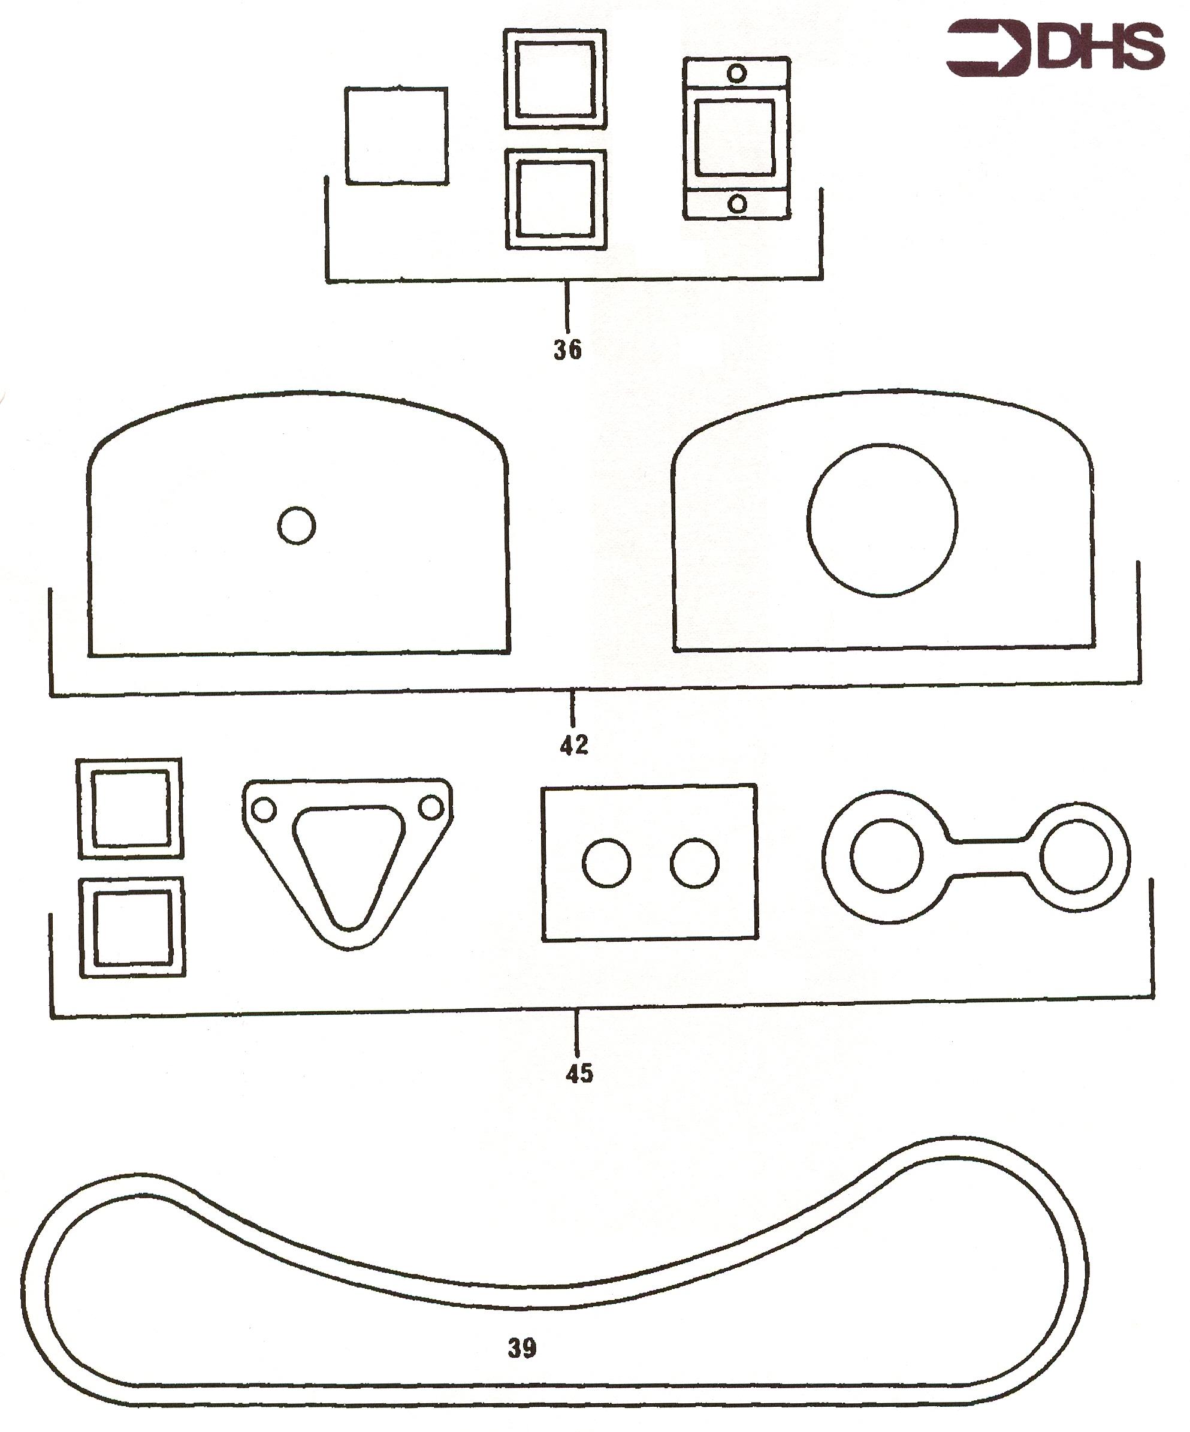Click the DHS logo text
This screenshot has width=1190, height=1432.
pos(1101,47)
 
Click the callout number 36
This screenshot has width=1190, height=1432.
pos(567,350)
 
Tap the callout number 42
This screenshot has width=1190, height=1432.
pos(574,745)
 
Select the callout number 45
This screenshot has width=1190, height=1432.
pos(579,1074)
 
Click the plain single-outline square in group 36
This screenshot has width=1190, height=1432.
pos(397,135)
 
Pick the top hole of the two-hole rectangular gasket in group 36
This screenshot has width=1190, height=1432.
pos(737,73)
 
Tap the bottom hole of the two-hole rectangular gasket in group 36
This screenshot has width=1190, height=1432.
pos(737,203)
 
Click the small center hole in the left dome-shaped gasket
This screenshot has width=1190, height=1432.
pos(297,525)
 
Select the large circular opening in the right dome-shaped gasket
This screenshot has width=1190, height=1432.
pos(882,520)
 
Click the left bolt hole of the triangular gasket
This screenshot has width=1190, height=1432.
pos(264,810)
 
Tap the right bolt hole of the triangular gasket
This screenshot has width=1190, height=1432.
pos(431,808)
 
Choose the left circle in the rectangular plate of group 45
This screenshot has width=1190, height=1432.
pos(606,863)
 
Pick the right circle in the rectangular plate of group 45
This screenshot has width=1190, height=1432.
pos(694,863)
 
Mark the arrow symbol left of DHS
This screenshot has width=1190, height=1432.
pos(990,48)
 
